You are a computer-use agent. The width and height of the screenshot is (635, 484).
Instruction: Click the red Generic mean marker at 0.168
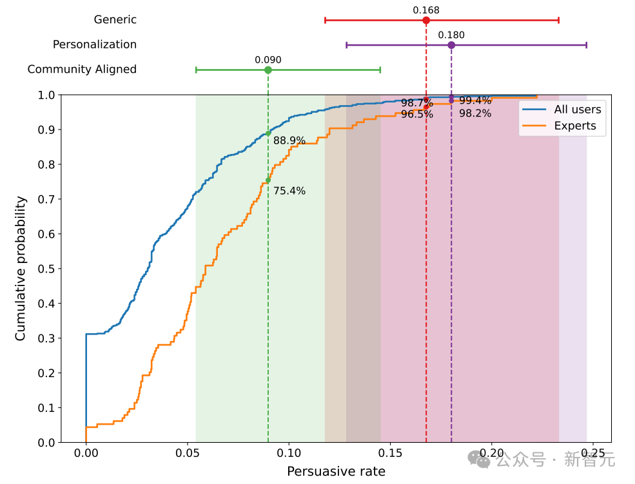pyautogui.click(x=426, y=20)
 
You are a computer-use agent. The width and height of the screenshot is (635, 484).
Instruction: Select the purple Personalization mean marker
pyautogui.click(x=451, y=45)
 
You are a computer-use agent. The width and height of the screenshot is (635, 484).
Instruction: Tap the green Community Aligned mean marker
pyautogui.click(x=268, y=70)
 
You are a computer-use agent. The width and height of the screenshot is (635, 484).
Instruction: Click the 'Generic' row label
pyautogui.click(x=115, y=19)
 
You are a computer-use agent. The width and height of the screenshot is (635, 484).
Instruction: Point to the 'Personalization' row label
pyautogui.click(x=95, y=44)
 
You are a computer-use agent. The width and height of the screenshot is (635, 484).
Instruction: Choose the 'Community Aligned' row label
pyautogui.click(x=82, y=69)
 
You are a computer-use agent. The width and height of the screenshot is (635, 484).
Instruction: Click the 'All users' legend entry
pyautogui.click(x=577, y=109)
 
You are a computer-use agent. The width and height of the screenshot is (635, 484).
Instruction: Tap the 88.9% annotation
pyautogui.click(x=289, y=140)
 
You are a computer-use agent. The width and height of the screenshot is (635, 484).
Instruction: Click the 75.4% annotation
pyautogui.click(x=289, y=191)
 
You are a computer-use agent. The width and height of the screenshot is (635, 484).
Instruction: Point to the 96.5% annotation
pyautogui.click(x=417, y=115)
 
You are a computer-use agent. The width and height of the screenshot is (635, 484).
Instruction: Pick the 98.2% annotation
pyautogui.click(x=475, y=113)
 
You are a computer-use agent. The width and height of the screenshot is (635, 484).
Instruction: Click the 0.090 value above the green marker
pyautogui.click(x=268, y=60)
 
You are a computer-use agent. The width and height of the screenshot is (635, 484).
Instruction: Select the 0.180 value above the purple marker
pyautogui.click(x=451, y=35)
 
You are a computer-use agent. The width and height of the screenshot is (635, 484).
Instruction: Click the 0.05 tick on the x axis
pyautogui.click(x=187, y=452)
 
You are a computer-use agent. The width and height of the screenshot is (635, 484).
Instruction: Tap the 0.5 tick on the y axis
pyautogui.click(x=46, y=269)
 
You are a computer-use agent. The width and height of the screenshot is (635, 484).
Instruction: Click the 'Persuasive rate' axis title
pyautogui.click(x=336, y=472)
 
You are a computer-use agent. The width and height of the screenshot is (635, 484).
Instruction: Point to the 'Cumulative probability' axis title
pyautogui.click(x=21, y=269)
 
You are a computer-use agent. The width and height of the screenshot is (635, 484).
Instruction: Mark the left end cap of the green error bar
pyautogui.click(x=196, y=70)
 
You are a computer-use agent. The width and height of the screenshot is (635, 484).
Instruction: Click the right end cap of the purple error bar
pyautogui.click(x=587, y=45)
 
